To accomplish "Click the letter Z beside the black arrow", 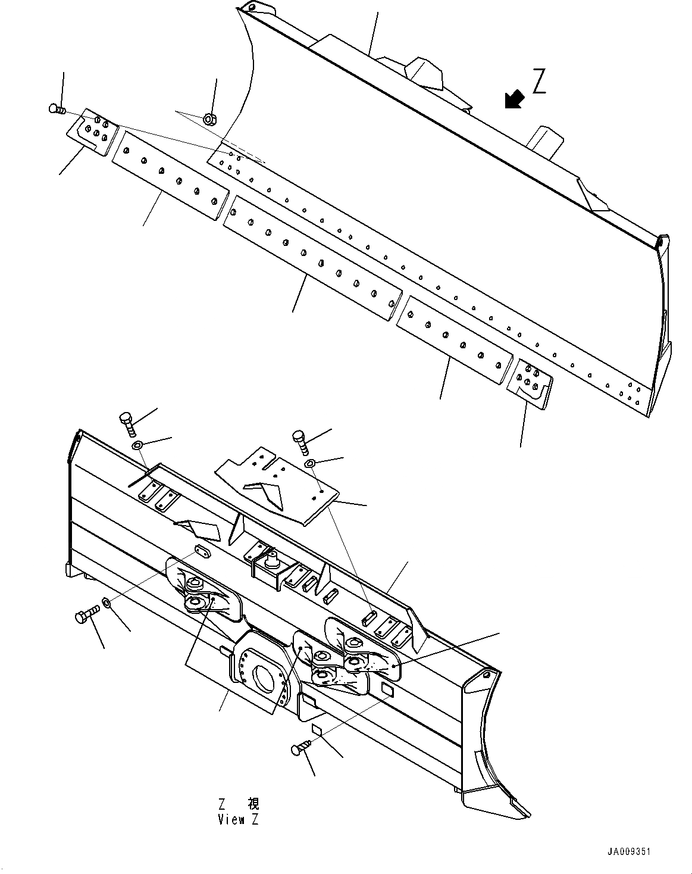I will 538,82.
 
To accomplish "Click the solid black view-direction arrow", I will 513,99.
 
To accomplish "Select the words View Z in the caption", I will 238,820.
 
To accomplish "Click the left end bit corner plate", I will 93,132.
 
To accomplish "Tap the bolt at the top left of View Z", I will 128,422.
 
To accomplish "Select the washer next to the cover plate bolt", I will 309,463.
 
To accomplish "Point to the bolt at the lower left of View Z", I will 86,616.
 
